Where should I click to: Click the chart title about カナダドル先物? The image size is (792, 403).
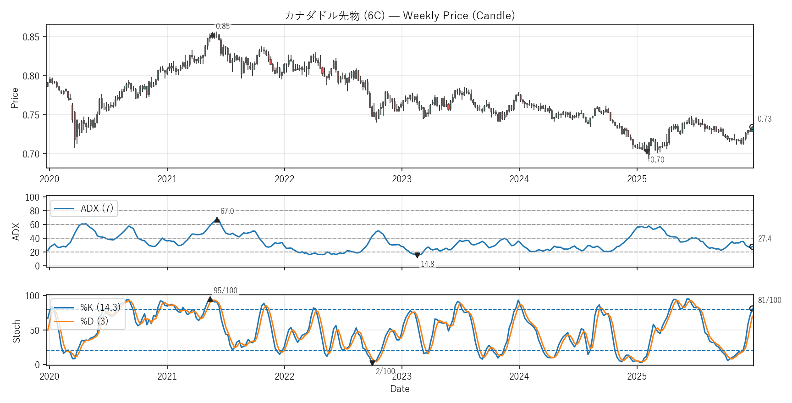point(399,16)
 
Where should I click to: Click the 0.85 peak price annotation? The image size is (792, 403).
point(223,27)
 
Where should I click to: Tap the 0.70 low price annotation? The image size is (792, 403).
point(657,160)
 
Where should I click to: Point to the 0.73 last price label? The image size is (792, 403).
point(764,119)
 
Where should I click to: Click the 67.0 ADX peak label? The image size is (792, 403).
point(227,211)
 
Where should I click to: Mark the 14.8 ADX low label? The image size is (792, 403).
point(427,264)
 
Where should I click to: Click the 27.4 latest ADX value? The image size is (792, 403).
point(764,239)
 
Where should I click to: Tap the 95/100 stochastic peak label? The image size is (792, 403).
point(225,291)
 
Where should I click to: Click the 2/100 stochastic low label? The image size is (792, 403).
point(385,371)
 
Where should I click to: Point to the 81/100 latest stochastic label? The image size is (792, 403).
point(769,300)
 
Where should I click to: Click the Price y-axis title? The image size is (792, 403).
point(15,98)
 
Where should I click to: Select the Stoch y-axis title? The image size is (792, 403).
point(16,331)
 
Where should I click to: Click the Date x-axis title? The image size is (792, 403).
point(400,389)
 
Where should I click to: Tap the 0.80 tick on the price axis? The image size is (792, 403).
point(31,76)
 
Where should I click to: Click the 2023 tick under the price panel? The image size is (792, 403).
point(401,179)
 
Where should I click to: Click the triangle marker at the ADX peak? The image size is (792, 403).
point(217,220)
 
